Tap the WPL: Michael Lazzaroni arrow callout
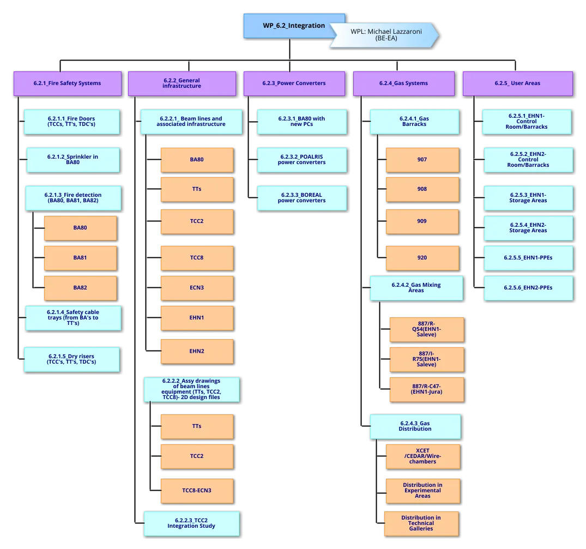385,35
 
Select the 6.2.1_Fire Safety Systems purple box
67,83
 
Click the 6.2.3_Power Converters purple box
294,83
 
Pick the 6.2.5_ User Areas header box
518,83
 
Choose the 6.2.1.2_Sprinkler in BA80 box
73,159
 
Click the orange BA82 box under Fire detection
80,287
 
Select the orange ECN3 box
197,287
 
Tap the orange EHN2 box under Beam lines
197,351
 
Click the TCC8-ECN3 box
197,490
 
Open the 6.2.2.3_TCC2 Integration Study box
191,523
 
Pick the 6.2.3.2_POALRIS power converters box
301,159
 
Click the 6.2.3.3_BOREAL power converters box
301,197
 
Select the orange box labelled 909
422,221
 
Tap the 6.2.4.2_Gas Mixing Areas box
416,287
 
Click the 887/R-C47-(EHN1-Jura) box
426,389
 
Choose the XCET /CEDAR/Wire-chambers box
422,456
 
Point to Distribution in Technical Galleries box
421,523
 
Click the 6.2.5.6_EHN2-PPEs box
528,287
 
